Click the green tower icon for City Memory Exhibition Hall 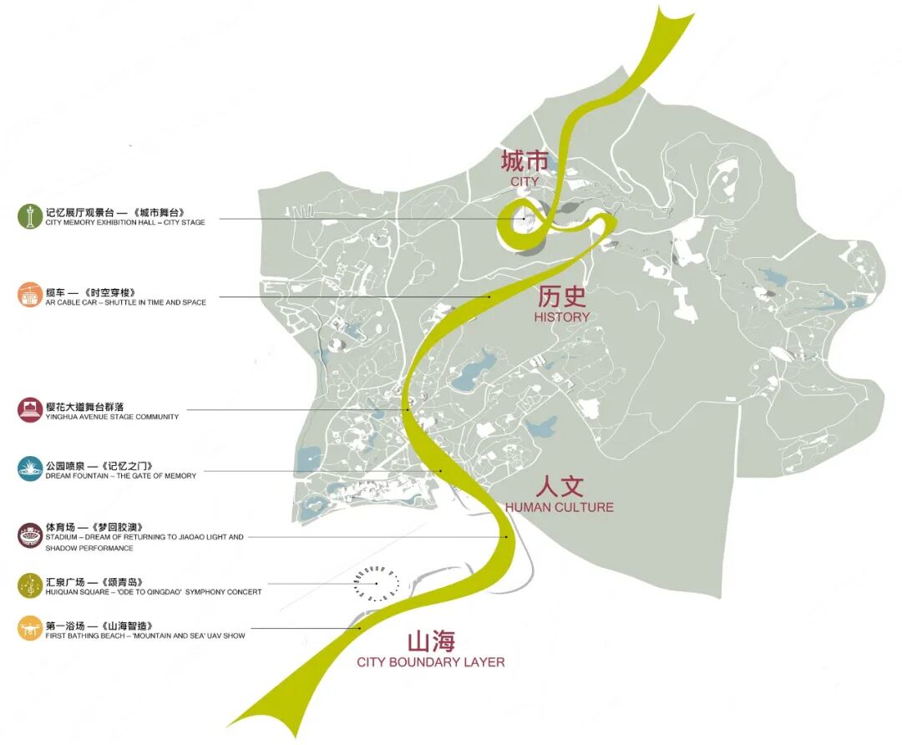point(30,216)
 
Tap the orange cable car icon point(30,295)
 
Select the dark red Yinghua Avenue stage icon point(30,410)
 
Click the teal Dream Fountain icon point(30,469)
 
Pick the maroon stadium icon point(30,535)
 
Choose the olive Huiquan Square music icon point(30,585)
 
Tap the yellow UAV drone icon point(30,628)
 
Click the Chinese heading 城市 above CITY point(525,160)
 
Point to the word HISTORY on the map point(562,317)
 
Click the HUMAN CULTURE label point(559,507)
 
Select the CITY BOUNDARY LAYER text point(431,662)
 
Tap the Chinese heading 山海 point(431,641)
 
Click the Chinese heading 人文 point(559,486)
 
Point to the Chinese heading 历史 point(562,296)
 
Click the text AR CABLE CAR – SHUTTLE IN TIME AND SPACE point(126,302)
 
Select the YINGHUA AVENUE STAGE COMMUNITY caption point(113,417)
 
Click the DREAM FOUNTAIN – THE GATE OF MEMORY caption point(122,476)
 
